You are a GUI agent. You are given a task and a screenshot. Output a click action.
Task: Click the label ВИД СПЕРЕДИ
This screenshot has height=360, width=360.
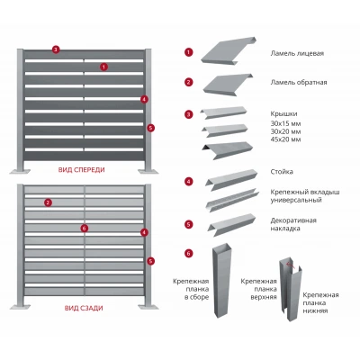(x=82, y=170)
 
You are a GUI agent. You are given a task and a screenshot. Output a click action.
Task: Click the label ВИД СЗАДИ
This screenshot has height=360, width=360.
(x=84, y=308)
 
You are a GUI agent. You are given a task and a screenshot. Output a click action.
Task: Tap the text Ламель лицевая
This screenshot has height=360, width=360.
(x=297, y=53)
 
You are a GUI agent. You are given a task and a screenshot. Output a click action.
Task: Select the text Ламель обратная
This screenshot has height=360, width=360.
(x=299, y=82)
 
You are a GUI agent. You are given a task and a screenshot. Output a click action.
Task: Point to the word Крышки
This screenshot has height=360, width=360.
(x=283, y=114)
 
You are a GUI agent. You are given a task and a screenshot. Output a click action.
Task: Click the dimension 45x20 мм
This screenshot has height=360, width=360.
(x=285, y=139)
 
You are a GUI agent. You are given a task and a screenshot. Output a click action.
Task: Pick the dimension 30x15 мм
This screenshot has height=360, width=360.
(x=285, y=123)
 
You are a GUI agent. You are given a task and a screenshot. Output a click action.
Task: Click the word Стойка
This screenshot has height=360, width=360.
(x=282, y=172)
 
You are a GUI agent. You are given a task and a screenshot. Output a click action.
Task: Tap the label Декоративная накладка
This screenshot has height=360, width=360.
(x=293, y=224)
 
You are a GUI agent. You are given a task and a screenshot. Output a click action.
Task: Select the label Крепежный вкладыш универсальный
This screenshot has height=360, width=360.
(x=305, y=196)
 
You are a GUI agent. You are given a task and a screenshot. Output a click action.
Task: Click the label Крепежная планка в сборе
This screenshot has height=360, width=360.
(x=191, y=289)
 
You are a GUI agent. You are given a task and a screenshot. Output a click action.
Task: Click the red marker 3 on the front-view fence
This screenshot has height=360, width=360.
(x=56, y=49)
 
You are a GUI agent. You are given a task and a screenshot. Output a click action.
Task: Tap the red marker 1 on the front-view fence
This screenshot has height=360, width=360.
(x=103, y=67)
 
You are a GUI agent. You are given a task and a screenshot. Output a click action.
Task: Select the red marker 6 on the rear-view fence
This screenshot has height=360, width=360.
(x=85, y=229)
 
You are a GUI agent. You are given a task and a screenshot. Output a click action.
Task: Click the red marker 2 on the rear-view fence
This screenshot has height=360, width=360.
(x=48, y=202)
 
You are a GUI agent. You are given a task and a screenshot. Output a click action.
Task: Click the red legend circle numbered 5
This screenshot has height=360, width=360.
(x=189, y=224)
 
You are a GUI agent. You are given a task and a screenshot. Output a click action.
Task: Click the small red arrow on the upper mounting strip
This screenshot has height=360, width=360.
(x=291, y=264)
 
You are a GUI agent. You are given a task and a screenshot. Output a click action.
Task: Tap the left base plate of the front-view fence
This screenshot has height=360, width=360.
(x=20, y=171)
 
